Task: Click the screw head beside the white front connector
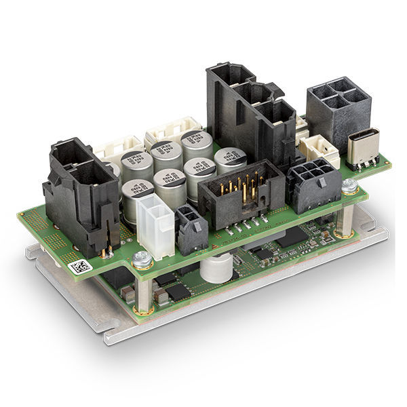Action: [x=141, y=257]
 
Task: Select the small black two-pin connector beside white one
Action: [x=191, y=227]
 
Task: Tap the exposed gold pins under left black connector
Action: [x=106, y=252]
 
